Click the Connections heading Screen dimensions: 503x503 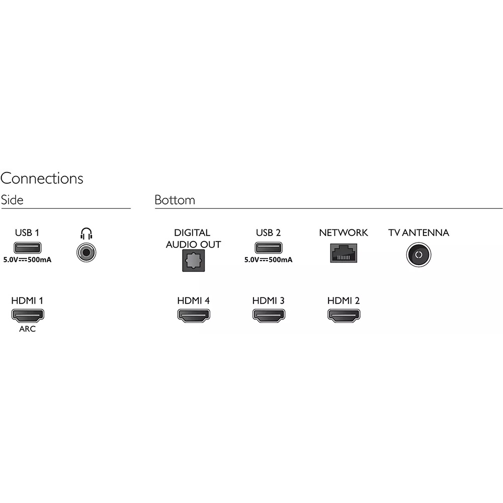[x=42, y=179]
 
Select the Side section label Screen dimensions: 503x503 [x=12, y=200]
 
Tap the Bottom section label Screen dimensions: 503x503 [x=175, y=200]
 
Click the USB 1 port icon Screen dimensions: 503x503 [x=28, y=247]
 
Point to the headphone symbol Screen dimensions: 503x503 [x=87, y=233]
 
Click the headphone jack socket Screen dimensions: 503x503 [x=87, y=253]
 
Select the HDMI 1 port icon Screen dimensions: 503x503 [x=28, y=315]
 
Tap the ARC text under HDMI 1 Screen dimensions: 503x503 [x=27, y=329]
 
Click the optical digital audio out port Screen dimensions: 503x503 [x=194, y=261]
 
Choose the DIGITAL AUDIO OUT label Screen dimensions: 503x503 [x=193, y=238]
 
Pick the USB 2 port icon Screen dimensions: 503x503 [x=269, y=247]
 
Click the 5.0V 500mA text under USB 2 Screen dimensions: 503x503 [x=268, y=260]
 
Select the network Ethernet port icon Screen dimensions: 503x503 [x=344, y=253]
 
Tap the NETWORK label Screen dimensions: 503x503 [x=344, y=232]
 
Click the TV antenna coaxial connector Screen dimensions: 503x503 [x=418, y=255]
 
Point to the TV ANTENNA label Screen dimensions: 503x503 [x=418, y=232]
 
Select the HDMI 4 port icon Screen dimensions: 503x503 [x=194, y=315]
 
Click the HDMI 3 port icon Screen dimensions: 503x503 [x=269, y=315]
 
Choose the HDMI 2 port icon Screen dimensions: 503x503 [x=344, y=315]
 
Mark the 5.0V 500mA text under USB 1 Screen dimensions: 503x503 [x=27, y=260]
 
